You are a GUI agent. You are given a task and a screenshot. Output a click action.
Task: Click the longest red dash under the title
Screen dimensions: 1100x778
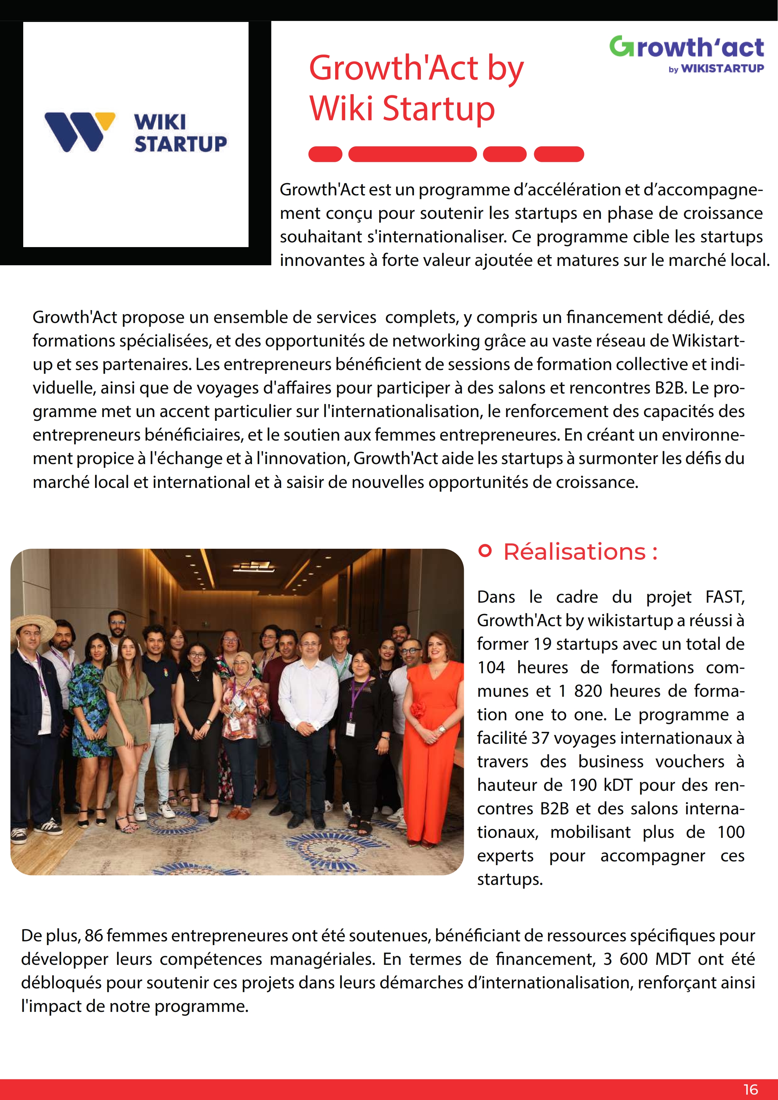(x=412, y=154)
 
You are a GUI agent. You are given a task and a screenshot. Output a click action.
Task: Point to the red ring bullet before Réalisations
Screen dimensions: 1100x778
(x=485, y=551)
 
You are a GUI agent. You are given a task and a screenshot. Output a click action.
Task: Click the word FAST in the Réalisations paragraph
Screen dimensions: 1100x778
(x=724, y=597)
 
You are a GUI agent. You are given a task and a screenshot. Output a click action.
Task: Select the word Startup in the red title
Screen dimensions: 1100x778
(x=439, y=108)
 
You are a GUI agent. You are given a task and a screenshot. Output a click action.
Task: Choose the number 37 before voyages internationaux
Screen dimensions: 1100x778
(x=540, y=738)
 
